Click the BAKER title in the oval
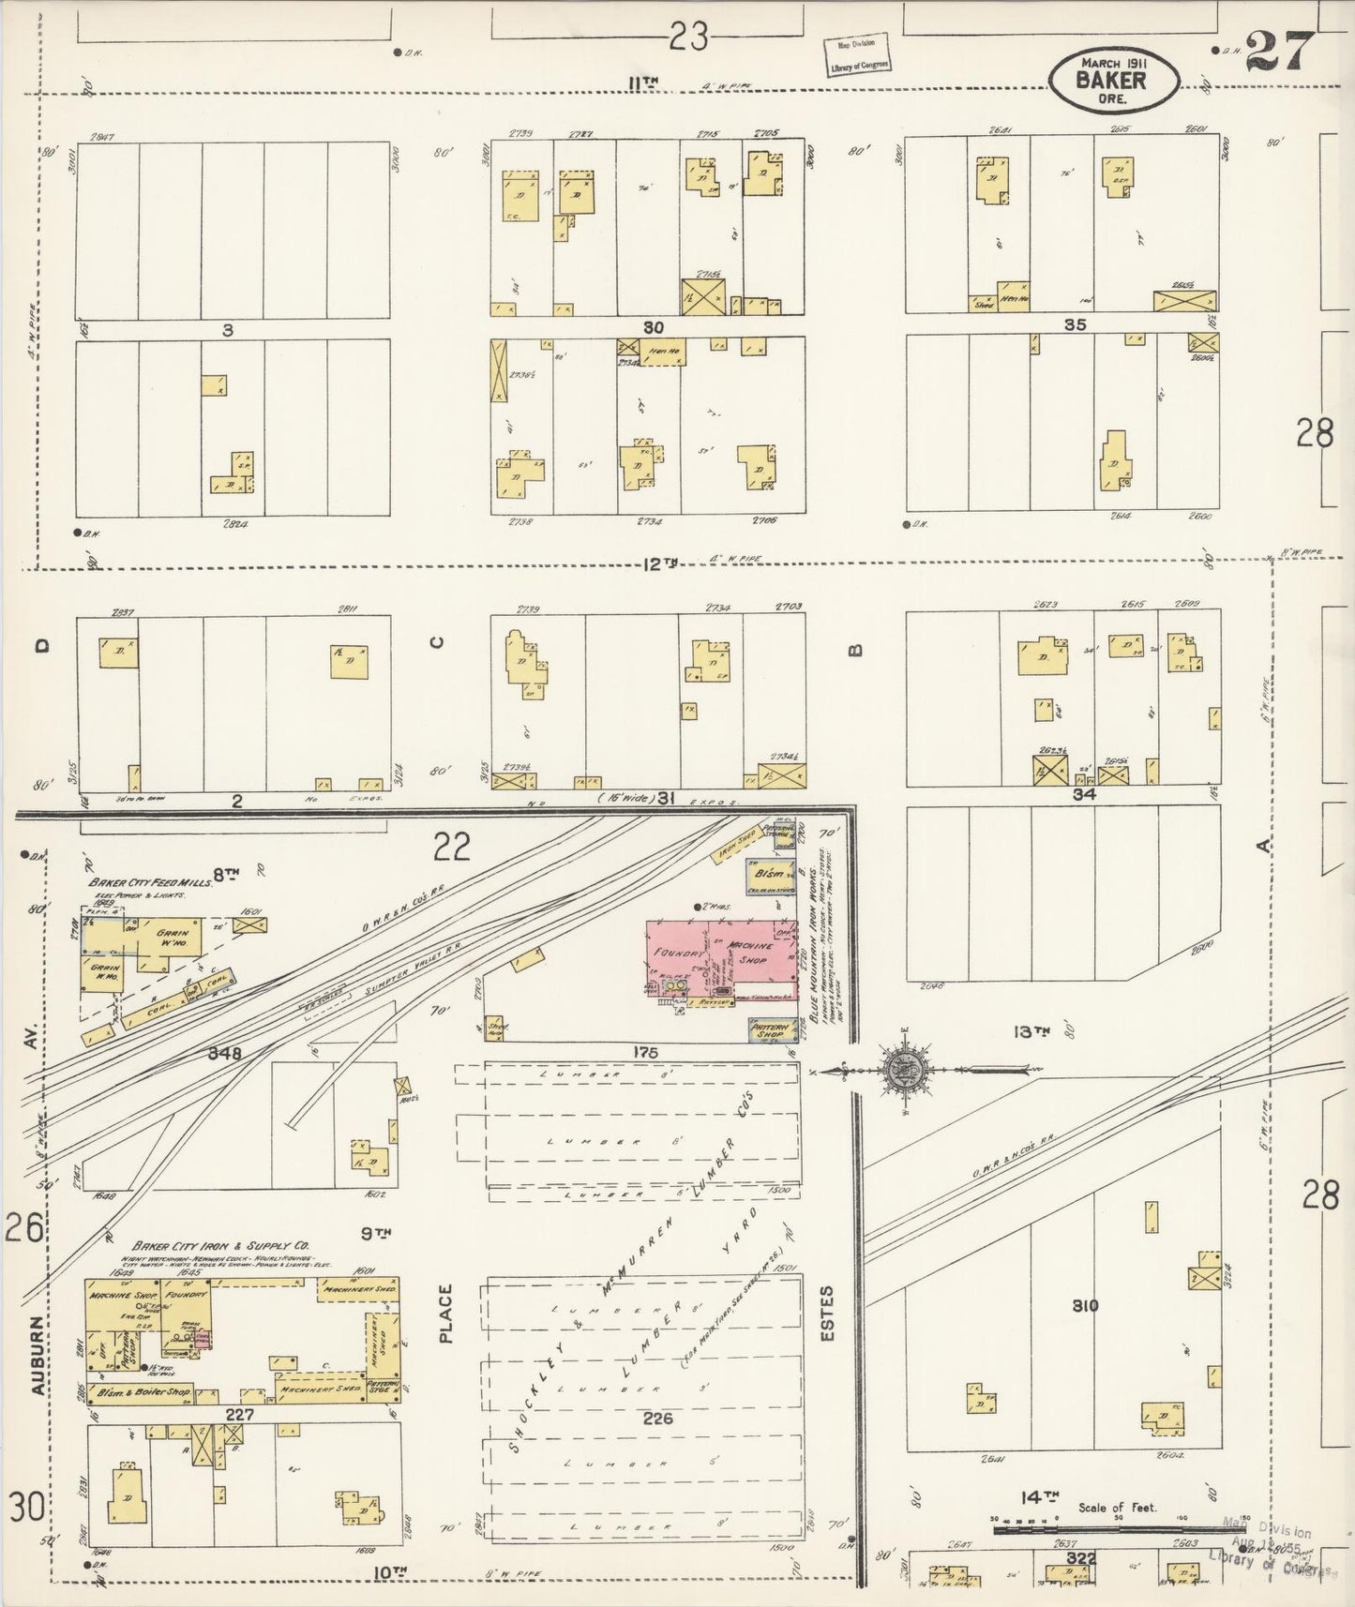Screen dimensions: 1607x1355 tap(1111, 82)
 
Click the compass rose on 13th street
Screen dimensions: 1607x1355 tap(904, 1070)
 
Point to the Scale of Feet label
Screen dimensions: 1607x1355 tap(1117, 1508)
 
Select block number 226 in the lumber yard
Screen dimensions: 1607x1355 tap(657, 1419)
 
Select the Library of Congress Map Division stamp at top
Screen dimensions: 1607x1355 tap(857, 55)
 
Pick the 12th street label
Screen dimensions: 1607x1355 tap(659, 563)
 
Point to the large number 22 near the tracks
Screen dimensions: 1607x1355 tap(451, 848)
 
